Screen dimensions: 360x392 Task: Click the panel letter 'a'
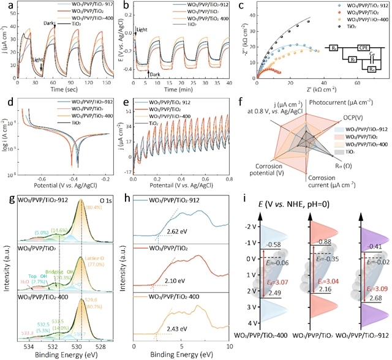6,7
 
